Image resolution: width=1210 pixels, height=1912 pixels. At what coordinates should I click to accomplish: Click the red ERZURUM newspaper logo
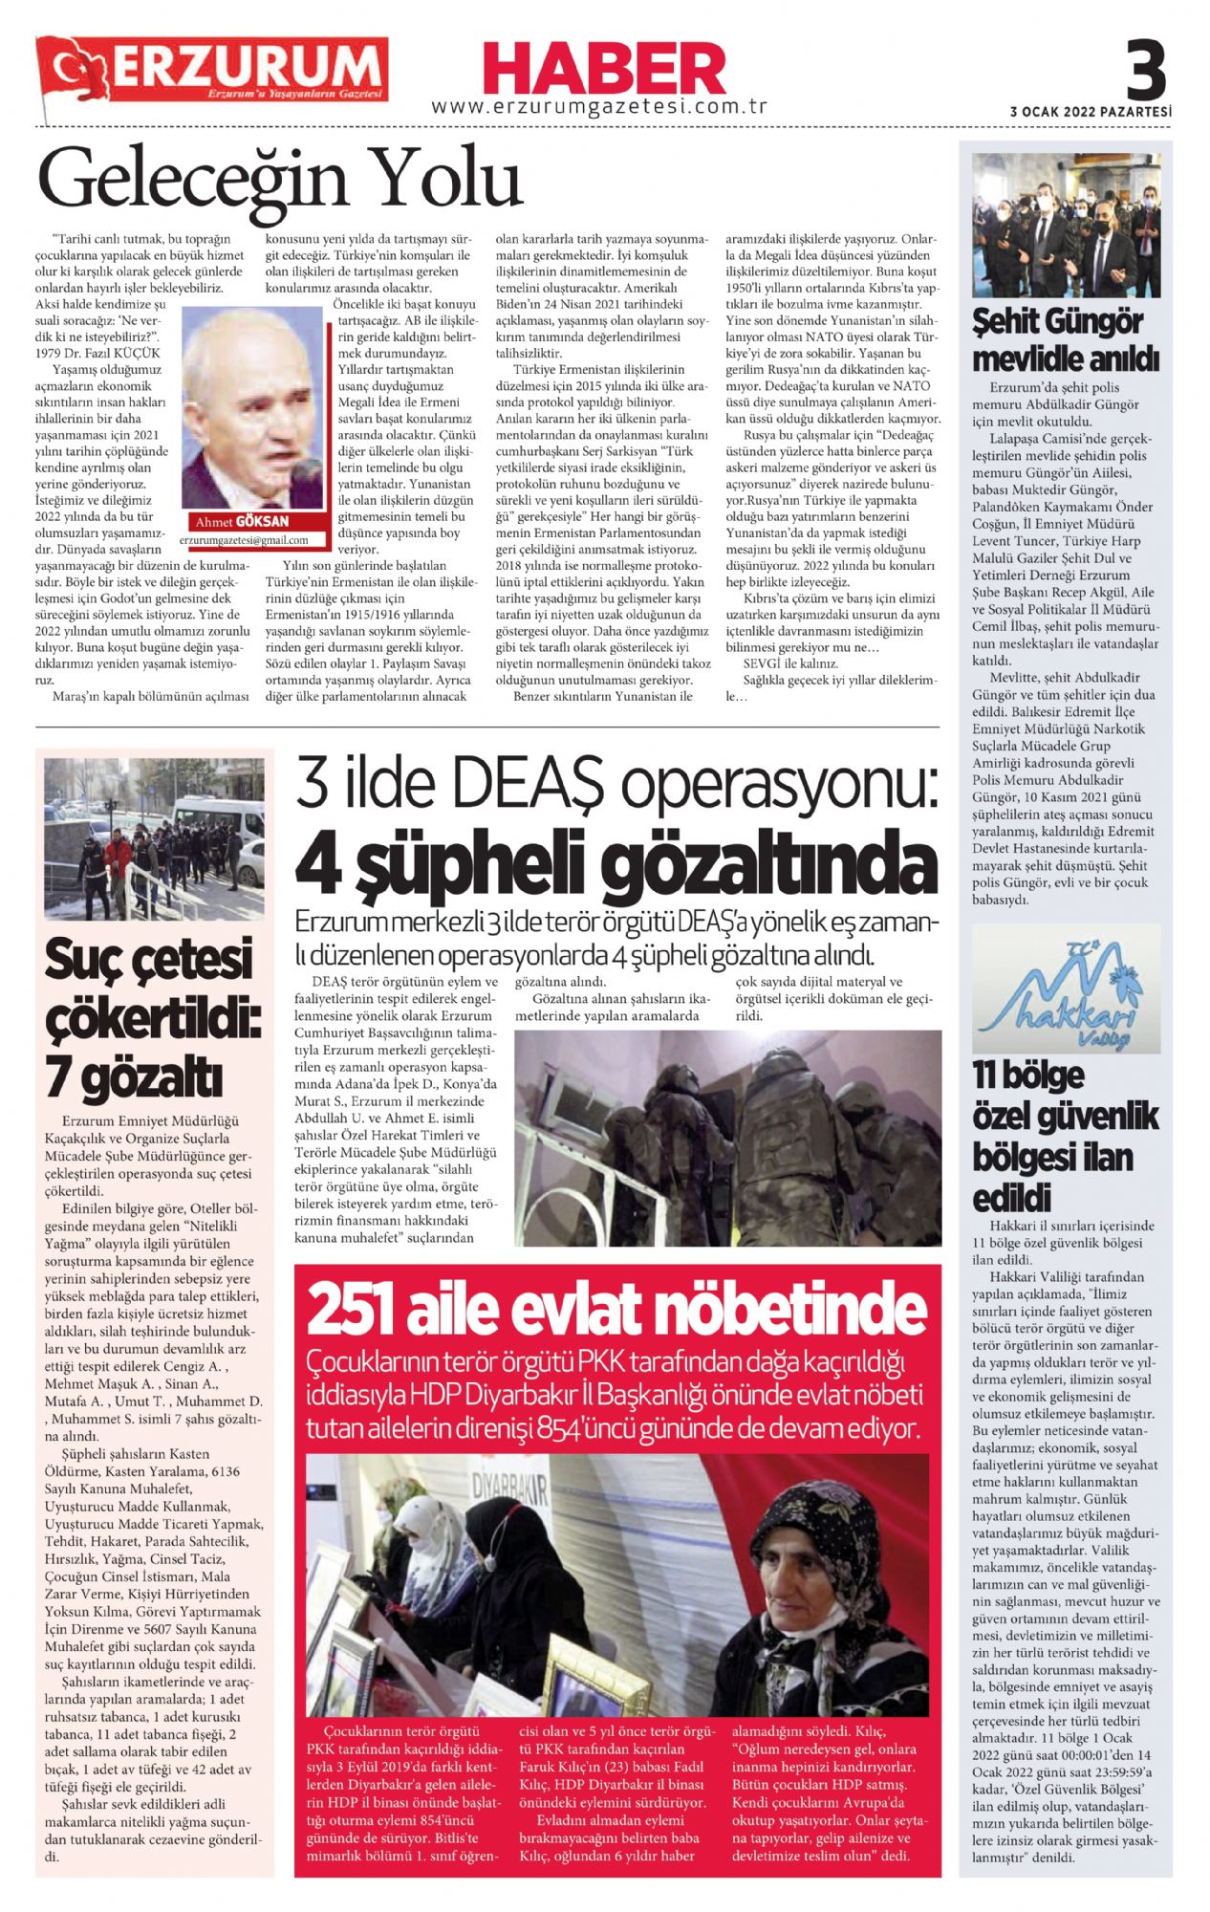212,70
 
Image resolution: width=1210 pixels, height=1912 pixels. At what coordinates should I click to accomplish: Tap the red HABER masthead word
603,70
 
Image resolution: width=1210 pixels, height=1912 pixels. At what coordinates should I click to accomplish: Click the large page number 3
1145,70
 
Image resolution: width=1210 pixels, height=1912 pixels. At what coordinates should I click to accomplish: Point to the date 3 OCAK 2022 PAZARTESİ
1090,112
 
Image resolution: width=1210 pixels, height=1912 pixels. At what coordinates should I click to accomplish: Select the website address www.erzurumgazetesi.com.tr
599,107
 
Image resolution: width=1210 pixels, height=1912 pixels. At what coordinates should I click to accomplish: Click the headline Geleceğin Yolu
280,178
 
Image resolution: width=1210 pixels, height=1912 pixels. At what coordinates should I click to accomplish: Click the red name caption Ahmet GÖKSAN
241,522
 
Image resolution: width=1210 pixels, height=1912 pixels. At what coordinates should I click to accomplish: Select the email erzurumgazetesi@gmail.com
244,540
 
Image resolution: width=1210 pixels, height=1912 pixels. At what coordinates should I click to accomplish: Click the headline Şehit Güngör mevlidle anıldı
1065,339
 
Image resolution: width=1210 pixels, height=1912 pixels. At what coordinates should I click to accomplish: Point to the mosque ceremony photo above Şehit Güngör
1066,225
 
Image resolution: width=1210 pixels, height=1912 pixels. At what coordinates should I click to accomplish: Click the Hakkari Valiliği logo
1066,989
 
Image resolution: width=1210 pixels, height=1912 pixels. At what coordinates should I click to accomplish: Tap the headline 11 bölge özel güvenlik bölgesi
1065,1136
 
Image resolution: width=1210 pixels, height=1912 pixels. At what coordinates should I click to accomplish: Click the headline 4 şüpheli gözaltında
616,865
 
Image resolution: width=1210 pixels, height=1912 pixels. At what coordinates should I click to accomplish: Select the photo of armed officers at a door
727,1138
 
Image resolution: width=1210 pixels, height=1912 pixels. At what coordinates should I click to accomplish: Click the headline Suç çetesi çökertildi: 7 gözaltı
149,1018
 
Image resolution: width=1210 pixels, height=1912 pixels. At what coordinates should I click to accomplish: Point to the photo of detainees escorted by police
154,838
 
